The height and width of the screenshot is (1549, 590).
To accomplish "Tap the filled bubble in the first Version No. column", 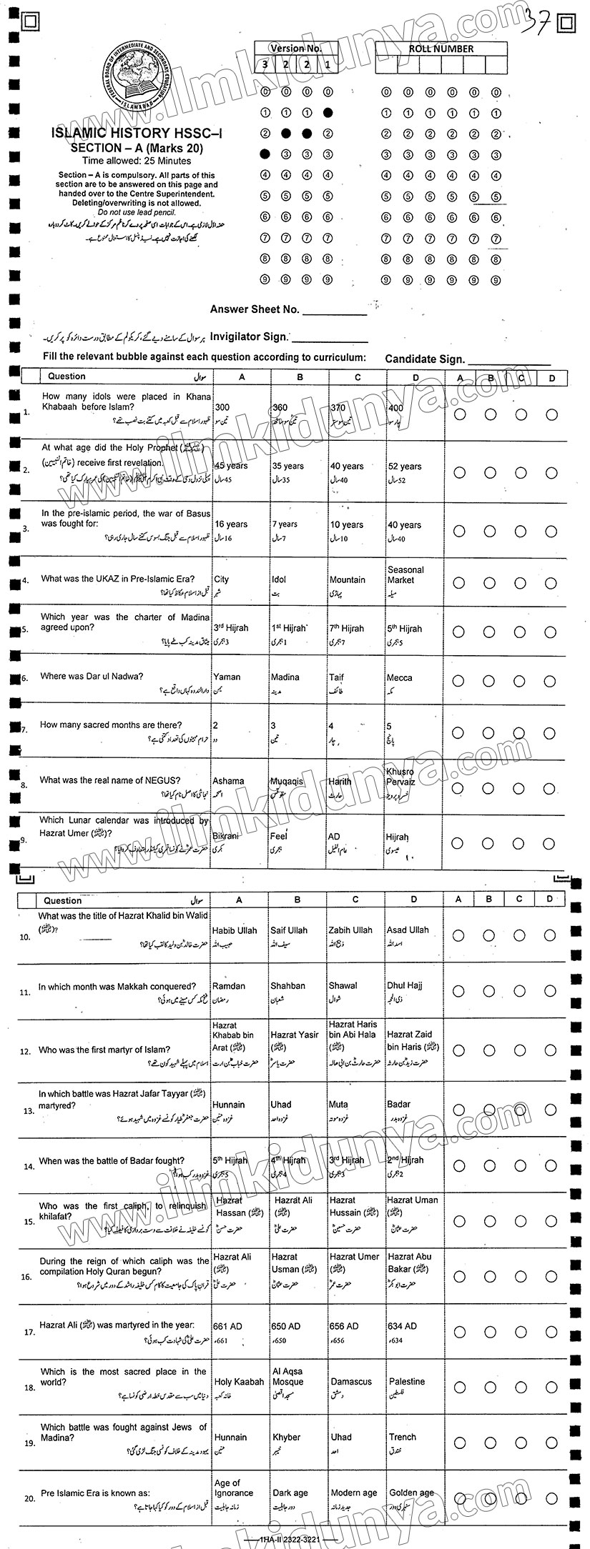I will click(x=265, y=153).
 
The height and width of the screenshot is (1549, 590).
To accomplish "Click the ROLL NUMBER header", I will click(x=441, y=49).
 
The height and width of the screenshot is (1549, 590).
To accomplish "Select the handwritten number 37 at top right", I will click(x=538, y=21).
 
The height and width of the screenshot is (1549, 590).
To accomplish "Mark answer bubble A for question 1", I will click(x=460, y=414).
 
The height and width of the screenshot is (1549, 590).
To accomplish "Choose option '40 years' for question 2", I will click(x=346, y=467).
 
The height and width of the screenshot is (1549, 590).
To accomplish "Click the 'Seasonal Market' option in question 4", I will click(x=405, y=575).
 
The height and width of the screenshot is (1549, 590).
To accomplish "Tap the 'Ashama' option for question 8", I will click(x=228, y=781).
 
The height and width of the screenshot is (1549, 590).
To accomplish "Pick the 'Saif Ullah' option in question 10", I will click(x=289, y=930).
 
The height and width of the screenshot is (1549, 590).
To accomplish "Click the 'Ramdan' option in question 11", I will click(x=228, y=986).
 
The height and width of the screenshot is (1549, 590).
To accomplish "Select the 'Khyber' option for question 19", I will click(x=286, y=1437).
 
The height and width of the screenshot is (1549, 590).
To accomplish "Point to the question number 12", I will click(x=26, y=1051).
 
